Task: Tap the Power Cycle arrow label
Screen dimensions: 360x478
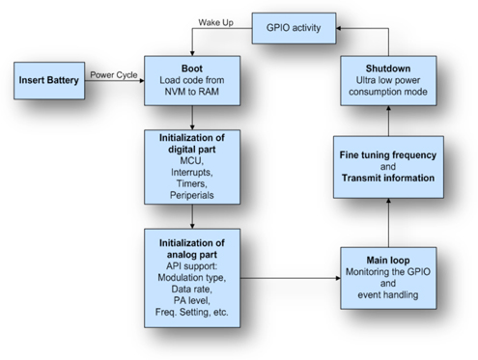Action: [x=113, y=74]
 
